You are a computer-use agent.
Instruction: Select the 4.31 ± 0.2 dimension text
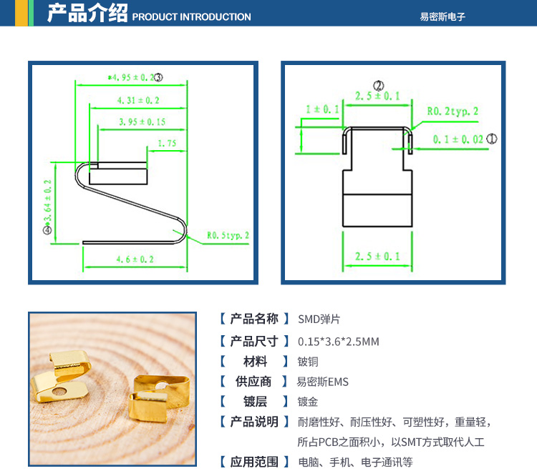pyautogui.click(x=138, y=100)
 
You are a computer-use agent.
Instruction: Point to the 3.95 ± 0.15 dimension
pyautogui.click(x=142, y=122)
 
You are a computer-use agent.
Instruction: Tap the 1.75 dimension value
pyautogui.click(x=167, y=143)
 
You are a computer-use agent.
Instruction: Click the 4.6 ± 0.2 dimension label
pyautogui.click(x=135, y=259)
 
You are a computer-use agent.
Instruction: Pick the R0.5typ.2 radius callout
pyautogui.click(x=228, y=235)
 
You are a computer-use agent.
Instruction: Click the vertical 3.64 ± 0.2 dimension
pyautogui.click(x=47, y=201)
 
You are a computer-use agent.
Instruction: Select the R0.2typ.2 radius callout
pyautogui.click(x=453, y=111)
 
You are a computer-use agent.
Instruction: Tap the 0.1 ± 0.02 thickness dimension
pyautogui.click(x=458, y=139)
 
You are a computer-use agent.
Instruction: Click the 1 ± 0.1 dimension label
pyautogui.click(x=322, y=109)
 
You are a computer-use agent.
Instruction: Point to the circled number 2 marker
pyautogui.click(x=379, y=85)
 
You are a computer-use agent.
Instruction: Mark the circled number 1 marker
pyautogui.click(x=492, y=139)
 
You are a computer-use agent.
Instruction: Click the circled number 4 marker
pyautogui.click(x=47, y=230)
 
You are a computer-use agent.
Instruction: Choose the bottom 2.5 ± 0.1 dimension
pyautogui.click(x=377, y=256)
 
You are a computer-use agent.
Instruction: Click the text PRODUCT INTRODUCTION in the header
pyautogui.click(x=191, y=16)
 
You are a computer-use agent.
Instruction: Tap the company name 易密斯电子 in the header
pyautogui.click(x=442, y=16)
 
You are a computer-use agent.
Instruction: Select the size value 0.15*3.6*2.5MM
pyautogui.click(x=339, y=341)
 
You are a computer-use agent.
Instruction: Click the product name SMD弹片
pyautogui.click(x=319, y=319)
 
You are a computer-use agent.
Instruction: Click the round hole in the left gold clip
pyautogui.click(x=59, y=391)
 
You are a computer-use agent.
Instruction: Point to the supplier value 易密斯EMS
pyautogui.click(x=323, y=382)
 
